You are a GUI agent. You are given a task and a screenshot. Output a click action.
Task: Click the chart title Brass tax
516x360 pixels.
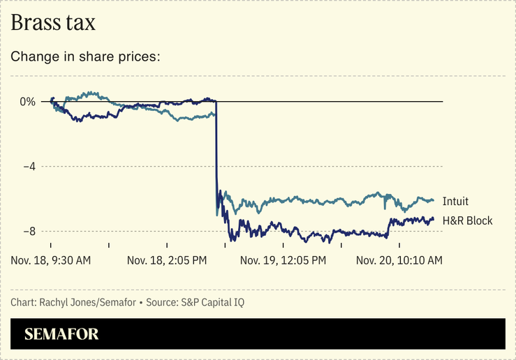[x=53, y=22]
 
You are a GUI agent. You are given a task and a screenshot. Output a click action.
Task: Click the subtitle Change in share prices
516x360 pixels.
[x=86, y=56]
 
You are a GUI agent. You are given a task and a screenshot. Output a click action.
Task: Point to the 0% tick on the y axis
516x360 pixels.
[x=27, y=102]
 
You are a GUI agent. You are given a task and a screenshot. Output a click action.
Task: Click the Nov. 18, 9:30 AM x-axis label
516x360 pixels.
[x=51, y=260]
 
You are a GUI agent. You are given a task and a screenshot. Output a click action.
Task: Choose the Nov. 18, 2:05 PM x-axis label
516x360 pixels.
[x=167, y=260]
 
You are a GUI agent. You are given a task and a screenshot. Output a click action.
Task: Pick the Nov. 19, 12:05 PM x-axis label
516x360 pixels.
[x=283, y=260]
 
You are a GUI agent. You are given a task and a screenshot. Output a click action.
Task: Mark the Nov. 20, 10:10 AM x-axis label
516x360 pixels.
[x=399, y=260]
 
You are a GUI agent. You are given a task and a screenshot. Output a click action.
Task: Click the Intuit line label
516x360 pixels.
[x=455, y=202]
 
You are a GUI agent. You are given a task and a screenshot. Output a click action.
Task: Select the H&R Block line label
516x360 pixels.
[x=467, y=220]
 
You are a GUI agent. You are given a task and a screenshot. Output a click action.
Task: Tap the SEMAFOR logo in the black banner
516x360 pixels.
[x=61, y=334]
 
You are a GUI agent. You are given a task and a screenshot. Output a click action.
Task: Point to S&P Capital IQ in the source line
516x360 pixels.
[x=212, y=302]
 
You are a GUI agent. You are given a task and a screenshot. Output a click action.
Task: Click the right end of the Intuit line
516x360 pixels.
[x=434, y=201]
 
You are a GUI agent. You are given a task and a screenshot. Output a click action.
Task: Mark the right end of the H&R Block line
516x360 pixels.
[x=434, y=219]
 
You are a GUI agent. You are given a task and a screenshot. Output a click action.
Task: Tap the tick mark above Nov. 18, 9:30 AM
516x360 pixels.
[x=51, y=246]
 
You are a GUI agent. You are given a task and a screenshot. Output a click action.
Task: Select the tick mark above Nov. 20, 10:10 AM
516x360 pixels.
[x=399, y=246]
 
